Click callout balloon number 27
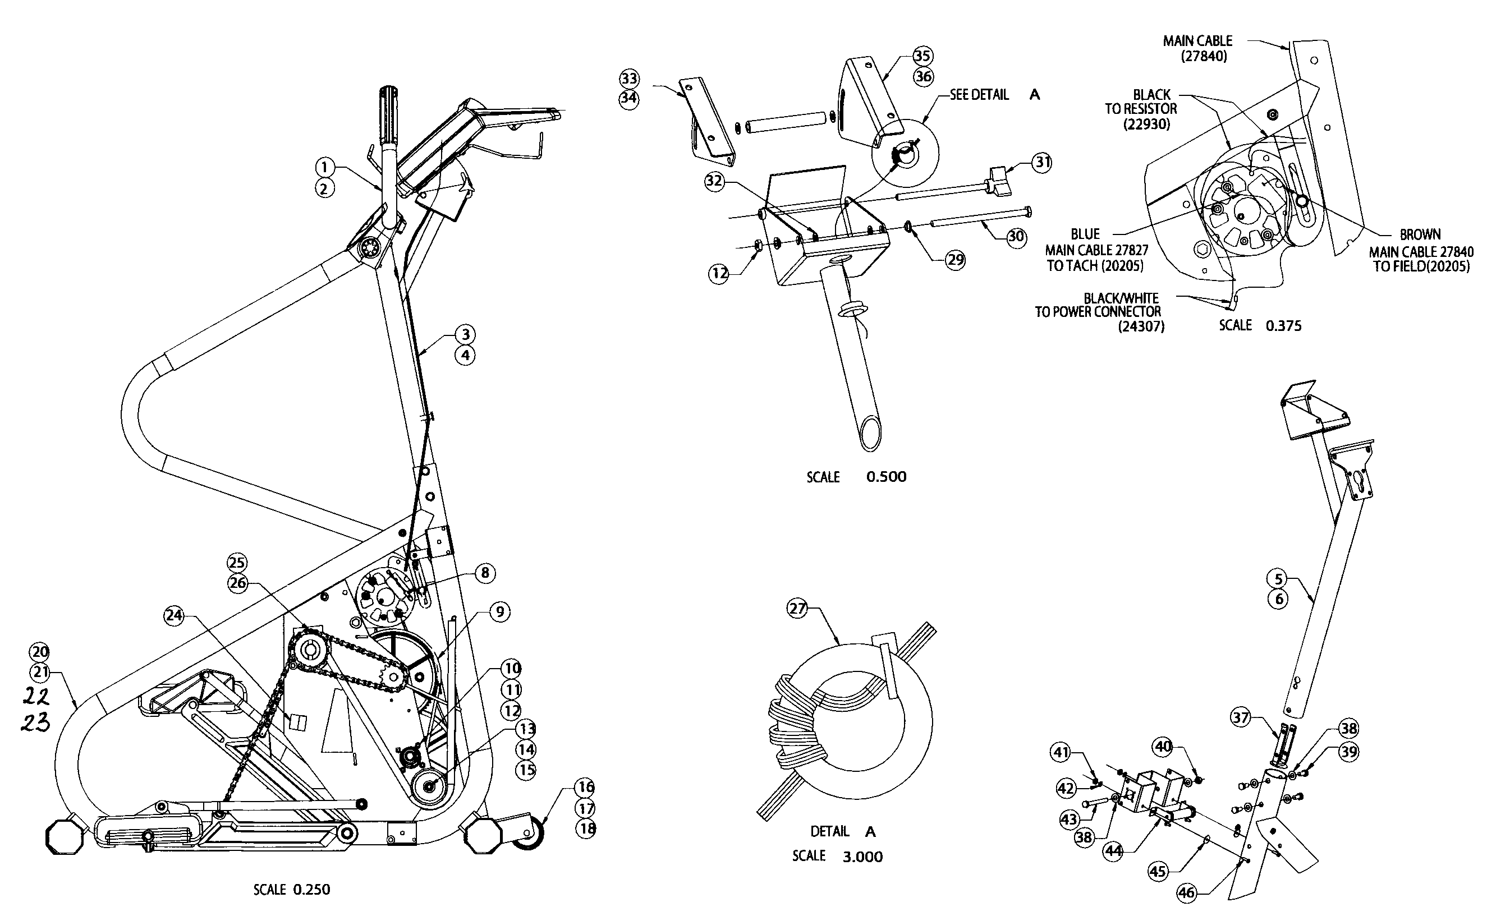coord(797,607)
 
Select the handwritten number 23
coord(36,722)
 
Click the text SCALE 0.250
coord(291,889)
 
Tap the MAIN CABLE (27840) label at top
coord(1197,48)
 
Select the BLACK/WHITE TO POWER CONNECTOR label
coord(1098,312)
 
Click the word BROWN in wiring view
coord(1420,234)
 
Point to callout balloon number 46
coord(1186,892)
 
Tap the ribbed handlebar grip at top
coord(387,114)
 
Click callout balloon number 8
coord(485,573)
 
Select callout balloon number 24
coord(174,615)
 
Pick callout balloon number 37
coord(1240,718)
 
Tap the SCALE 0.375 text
coord(1260,325)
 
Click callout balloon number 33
coord(630,78)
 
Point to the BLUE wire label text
coord(1085,234)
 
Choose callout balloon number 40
coord(1163,747)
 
